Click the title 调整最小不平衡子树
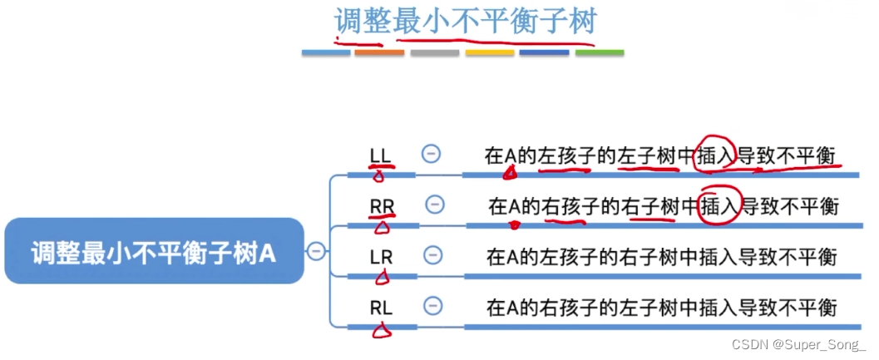(465, 20)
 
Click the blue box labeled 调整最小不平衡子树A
(154, 251)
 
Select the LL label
(380, 155)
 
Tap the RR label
(382, 205)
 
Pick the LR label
(381, 257)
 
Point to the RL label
(381, 308)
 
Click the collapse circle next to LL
(431, 154)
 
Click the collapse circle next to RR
(433, 205)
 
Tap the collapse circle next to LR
(432, 256)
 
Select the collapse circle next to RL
(432, 307)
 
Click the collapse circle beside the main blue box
(316, 251)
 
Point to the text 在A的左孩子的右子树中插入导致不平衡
(661, 257)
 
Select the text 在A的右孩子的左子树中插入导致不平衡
(661, 308)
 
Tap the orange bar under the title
(379, 53)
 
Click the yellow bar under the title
(490, 53)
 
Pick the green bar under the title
(600, 53)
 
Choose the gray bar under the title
(434, 53)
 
